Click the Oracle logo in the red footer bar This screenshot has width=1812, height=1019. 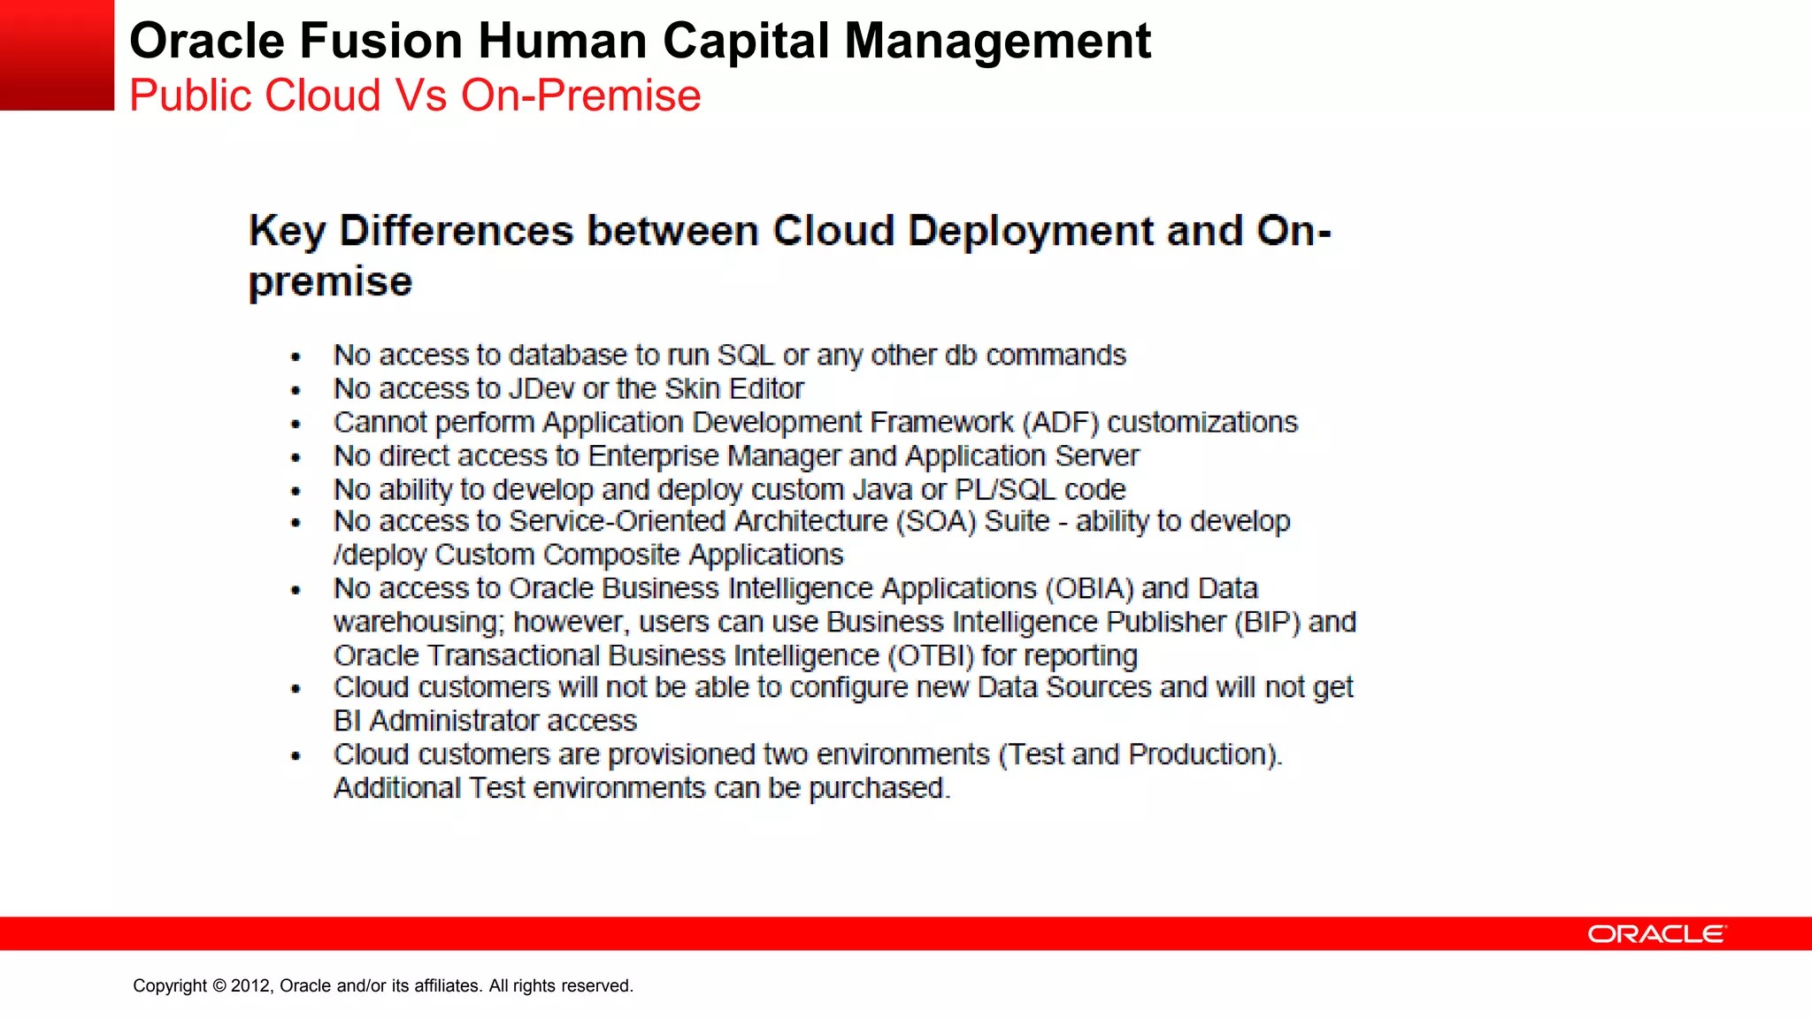1656,934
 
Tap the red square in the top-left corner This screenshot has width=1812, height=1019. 57,55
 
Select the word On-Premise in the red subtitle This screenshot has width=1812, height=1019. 580,96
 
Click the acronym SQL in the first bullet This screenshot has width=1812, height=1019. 745,356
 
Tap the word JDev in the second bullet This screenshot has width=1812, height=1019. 541,389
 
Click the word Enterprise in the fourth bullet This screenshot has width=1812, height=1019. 653,456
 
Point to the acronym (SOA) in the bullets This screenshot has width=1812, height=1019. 936,522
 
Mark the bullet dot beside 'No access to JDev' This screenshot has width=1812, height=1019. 296,390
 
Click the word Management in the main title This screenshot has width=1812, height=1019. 997,41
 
